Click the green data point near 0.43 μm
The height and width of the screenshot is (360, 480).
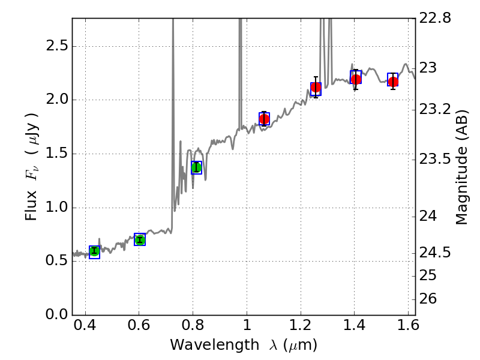tap(94, 251)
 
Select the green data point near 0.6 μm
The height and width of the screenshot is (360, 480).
tap(140, 240)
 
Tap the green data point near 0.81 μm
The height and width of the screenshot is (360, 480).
tap(196, 167)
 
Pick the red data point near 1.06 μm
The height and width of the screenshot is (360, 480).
tap(264, 119)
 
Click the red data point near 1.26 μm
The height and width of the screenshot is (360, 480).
tap(316, 88)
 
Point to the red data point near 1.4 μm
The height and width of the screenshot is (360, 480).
tap(356, 79)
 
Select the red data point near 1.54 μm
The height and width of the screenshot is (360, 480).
tap(393, 82)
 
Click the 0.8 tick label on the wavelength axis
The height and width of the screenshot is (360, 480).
tap(193, 328)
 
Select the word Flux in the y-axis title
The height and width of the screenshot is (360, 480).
tap(32, 205)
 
